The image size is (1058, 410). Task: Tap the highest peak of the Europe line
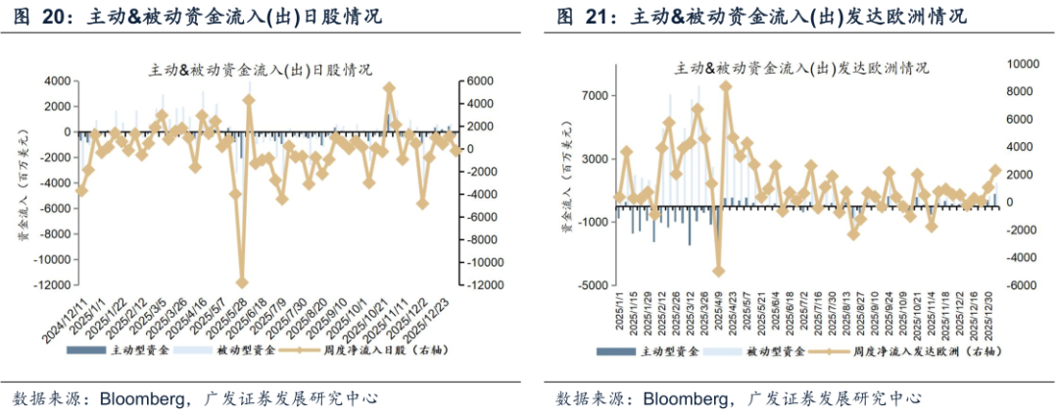click(x=726, y=85)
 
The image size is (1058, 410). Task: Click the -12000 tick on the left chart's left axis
click(x=46, y=286)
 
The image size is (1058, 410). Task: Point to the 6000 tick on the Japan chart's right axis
click(x=477, y=80)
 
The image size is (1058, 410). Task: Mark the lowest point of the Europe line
click(x=718, y=272)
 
